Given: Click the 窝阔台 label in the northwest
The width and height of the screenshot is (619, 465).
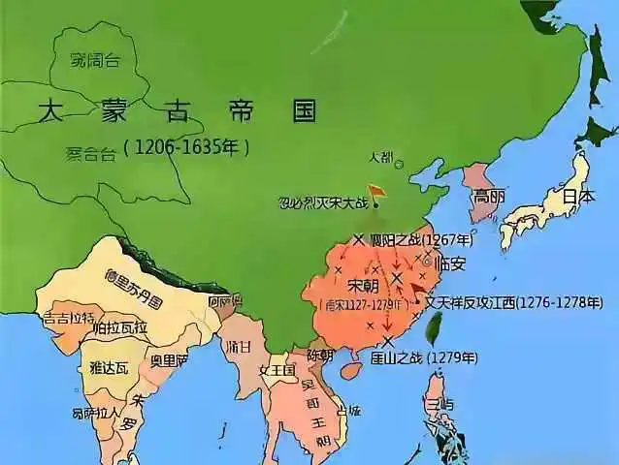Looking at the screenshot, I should click(95, 60).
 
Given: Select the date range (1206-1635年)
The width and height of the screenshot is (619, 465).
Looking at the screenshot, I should click(186, 148).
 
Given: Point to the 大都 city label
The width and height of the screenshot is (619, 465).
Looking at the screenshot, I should click(381, 156).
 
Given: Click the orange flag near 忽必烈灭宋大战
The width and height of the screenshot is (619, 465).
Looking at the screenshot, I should click(375, 193).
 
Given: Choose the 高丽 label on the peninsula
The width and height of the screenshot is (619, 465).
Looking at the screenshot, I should click(485, 197).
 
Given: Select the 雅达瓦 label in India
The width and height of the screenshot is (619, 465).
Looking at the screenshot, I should click(108, 367).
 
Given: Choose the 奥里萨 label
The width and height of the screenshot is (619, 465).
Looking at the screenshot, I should click(169, 360).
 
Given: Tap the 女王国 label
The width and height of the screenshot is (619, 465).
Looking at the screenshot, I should click(276, 370).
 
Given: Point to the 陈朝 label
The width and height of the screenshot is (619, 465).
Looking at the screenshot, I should click(320, 355).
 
